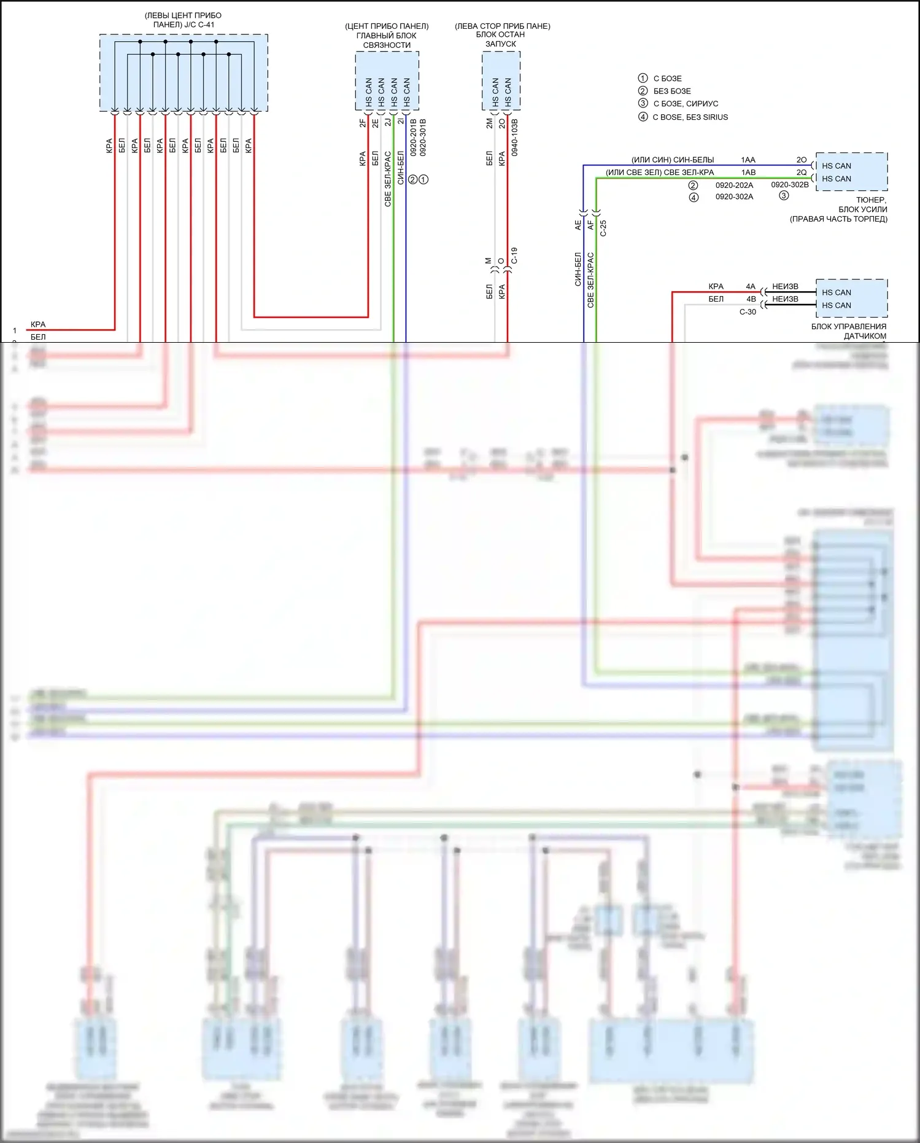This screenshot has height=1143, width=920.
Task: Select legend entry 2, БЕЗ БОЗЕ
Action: click(x=672, y=91)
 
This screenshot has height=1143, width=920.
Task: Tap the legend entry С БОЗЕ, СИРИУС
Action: click(x=686, y=104)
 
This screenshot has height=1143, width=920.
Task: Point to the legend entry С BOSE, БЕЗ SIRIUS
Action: click(x=690, y=117)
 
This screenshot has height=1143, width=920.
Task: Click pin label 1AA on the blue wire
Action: click(x=748, y=160)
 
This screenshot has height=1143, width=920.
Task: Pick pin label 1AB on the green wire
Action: click(x=748, y=173)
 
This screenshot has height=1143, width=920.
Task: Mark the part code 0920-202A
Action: click(x=734, y=185)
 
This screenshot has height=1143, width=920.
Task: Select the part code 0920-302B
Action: click(x=790, y=184)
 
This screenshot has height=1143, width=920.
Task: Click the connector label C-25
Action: click(x=603, y=228)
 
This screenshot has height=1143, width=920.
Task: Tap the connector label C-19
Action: click(x=514, y=256)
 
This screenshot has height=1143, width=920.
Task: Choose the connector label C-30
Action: click(x=748, y=312)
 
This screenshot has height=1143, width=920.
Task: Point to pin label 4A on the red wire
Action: click(x=751, y=286)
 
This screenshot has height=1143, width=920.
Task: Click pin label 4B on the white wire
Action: click(x=751, y=299)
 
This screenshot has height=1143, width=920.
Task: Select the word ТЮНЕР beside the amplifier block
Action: click(x=871, y=200)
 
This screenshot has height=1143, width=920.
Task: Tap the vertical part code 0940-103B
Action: click(x=514, y=138)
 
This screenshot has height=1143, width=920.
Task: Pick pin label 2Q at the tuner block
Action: click(x=802, y=173)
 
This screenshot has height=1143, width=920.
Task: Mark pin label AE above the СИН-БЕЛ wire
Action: click(x=578, y=225)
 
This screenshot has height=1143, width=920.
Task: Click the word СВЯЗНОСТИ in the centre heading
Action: click(x=387, y=45)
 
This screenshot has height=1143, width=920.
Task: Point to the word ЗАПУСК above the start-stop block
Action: click(x=501, y=44)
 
